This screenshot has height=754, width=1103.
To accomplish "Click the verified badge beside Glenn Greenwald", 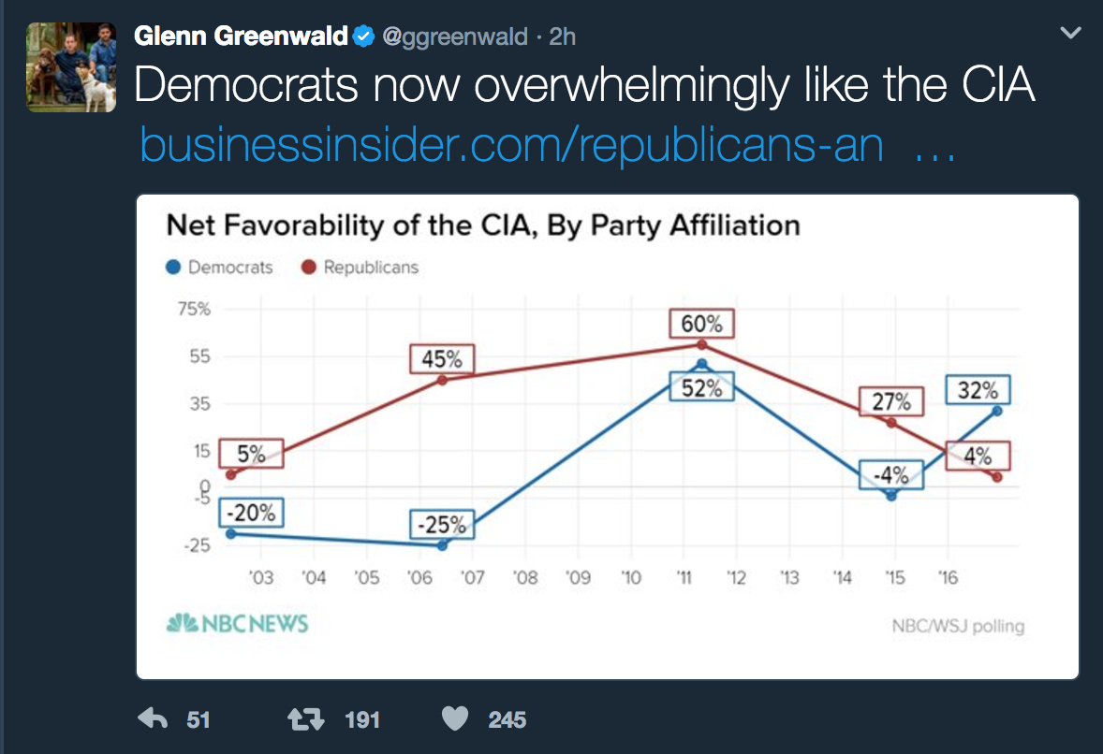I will (363, 36).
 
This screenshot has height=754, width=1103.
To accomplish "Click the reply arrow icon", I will (152, 718).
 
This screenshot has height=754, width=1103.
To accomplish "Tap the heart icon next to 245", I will (454, 718).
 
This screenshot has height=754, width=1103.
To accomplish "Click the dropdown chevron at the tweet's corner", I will (1070, 33).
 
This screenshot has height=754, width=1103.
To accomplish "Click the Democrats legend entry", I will (220, 267).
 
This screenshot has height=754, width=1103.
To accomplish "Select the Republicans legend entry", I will (360, 267).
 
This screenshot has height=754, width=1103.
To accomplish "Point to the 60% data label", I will (701, 324).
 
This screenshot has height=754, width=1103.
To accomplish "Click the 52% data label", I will (701, 386).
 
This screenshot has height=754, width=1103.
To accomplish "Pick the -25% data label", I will (441, 525).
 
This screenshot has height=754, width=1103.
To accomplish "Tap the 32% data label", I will (978, 390).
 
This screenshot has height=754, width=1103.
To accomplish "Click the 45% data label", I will (441, 359).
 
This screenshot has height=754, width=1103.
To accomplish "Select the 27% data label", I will (891, 401).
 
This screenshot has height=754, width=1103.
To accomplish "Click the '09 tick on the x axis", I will (579, 578).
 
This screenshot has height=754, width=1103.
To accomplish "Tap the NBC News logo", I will (237, 624).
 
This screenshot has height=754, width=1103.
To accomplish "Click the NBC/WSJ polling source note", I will (958, 626).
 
